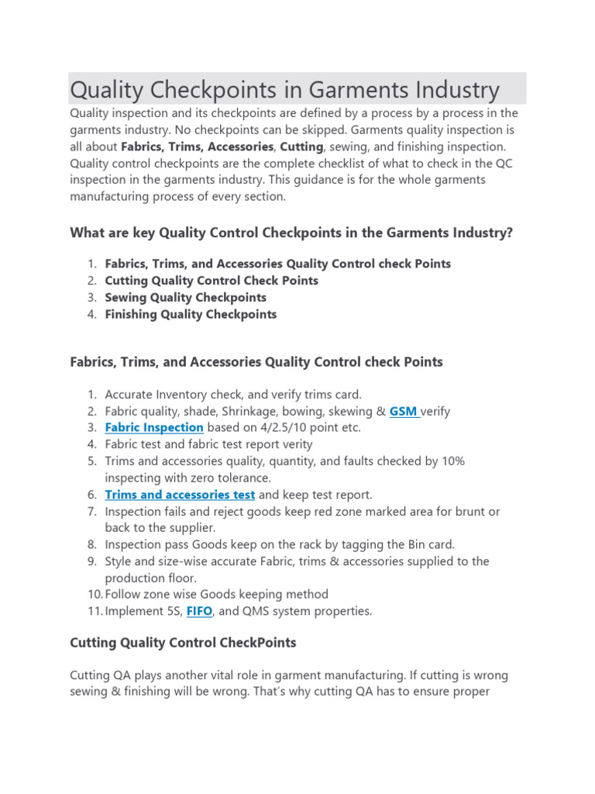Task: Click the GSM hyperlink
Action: (403, 411)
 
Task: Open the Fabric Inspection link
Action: (154, 427)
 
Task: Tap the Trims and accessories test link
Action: (180, 495)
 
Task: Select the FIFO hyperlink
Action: (201, 611)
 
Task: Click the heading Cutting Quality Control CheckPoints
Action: (183, 643)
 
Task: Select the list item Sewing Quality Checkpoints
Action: (185, 298)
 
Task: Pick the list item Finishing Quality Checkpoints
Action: (191, 314)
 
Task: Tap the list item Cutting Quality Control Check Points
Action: (212, 281)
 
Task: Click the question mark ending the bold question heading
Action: (509, 233)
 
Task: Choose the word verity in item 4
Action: (295, 444)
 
